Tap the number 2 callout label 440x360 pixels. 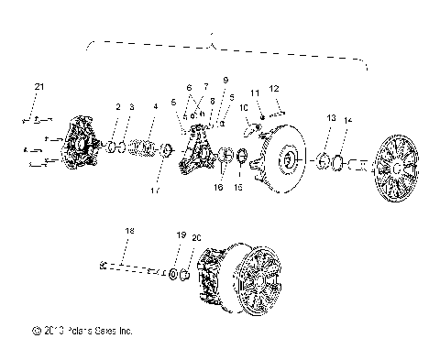click(118, 108)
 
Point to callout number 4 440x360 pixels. click(155, 107)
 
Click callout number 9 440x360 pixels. click(225, 81)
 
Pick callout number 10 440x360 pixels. click(244, 108)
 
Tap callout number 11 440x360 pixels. click(256, 93)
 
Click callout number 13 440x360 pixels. click(331, 119)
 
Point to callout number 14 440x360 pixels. click(346, 121)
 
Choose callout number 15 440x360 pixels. click(239, 187)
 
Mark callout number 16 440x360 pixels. click(217, 187)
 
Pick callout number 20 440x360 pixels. click(195, 237)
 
